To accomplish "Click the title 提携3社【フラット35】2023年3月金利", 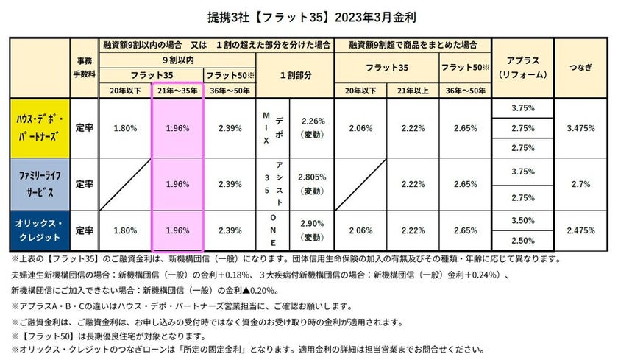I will [x=308, y=15].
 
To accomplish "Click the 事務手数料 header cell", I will [x=84, y=68].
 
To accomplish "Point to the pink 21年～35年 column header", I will [x=177, y=90].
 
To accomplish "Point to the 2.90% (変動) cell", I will [x=313, y=230].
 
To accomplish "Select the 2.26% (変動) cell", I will [x=313, y=127].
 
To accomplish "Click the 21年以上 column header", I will [x=413, y=90].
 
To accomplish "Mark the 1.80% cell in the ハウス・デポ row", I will [x=125, y=127].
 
